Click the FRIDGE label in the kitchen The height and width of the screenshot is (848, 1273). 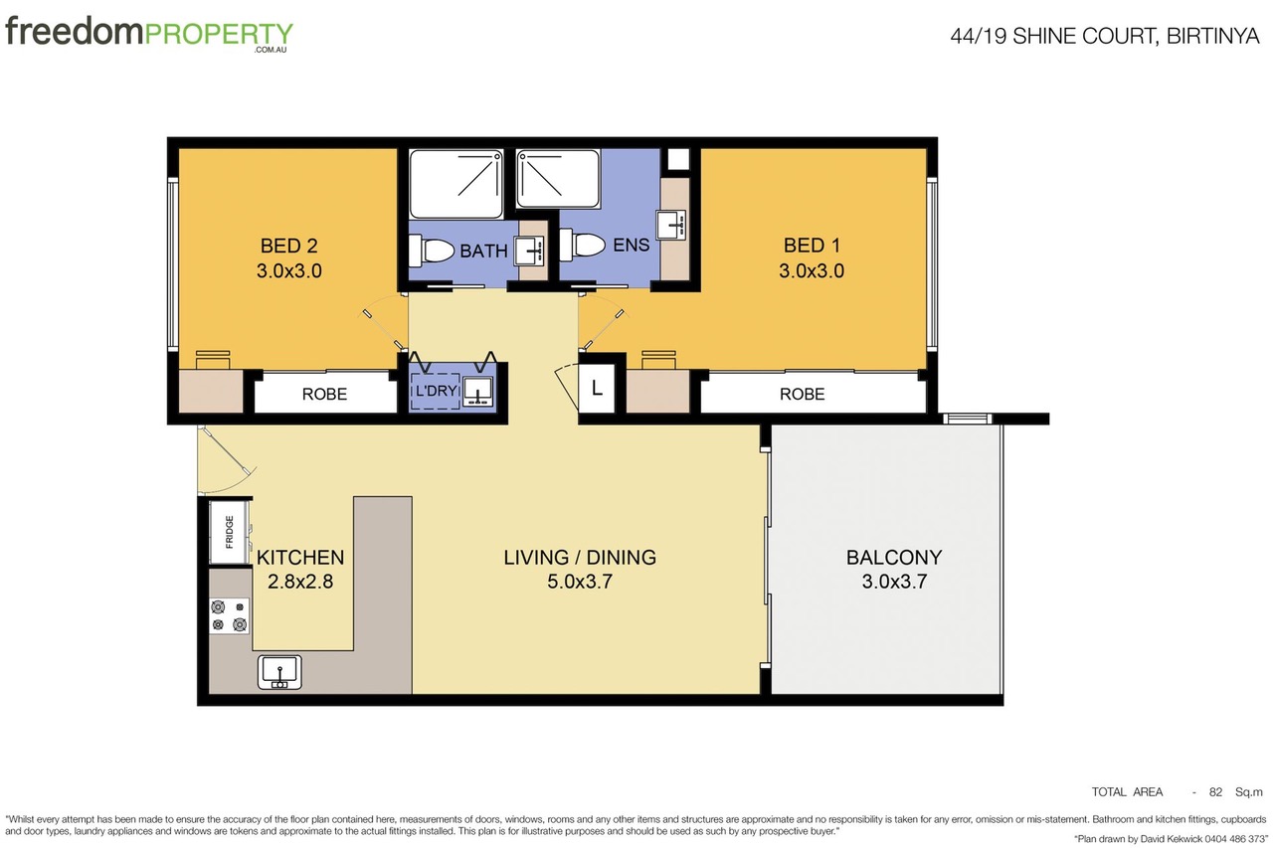(230, 532)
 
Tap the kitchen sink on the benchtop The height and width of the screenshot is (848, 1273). (279, 672)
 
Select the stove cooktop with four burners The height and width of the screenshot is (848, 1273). (229, 615)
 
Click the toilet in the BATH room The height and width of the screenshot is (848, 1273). (432, 251)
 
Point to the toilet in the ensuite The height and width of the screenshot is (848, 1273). (582, 245)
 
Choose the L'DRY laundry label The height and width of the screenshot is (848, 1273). (436, 391)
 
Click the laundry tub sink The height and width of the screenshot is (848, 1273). (478, 391)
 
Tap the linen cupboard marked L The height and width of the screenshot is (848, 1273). (596, 389)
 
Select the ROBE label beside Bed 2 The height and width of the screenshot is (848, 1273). (324, 395)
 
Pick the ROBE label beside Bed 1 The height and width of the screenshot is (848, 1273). (802, 395)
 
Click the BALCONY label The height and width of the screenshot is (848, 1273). (894, 557)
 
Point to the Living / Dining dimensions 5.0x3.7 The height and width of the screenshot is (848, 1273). (580, 582)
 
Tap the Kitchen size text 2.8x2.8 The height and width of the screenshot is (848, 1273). (300, 582)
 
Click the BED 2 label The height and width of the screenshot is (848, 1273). (288, 246)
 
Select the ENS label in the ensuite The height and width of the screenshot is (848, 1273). (631, 245)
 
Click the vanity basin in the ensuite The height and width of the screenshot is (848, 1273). (671, 225)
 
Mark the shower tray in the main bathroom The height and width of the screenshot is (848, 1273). (456, 184)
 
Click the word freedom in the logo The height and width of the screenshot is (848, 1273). (74, 31)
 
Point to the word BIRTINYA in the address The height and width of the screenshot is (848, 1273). (1212, 36)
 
